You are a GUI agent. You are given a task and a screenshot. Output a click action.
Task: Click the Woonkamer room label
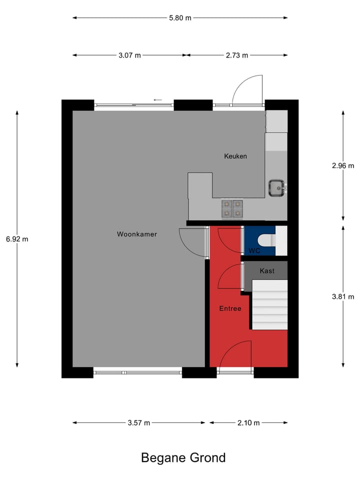[137, 234]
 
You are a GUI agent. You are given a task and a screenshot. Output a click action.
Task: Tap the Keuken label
[235, 156]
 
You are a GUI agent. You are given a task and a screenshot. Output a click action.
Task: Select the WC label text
[254, 251]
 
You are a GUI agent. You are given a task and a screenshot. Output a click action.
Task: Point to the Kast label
[267, 271]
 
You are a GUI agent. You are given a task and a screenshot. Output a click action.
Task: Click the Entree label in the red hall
[230, 308]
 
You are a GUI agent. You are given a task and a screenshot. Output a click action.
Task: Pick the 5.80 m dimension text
[180, 18]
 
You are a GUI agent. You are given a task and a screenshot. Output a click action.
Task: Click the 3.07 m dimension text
[129, 55]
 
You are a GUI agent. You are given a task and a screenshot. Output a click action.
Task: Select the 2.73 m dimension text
[237, 55]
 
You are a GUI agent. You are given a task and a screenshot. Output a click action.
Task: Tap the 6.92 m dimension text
[17, 239]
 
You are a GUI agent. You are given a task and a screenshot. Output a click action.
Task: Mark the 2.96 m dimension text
[342, 165]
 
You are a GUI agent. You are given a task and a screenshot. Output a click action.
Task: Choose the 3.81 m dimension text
[342, 296]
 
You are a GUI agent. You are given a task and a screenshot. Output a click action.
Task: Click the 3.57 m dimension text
[139, 423]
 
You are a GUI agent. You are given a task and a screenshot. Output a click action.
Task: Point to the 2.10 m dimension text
[248, 423]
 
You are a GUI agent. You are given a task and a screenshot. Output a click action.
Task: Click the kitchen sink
[276, 187]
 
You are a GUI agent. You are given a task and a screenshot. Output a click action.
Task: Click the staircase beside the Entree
[269, 305]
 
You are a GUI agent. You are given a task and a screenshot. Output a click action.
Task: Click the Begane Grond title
[183, 457]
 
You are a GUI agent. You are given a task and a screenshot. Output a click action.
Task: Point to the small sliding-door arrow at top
[158, 100]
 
